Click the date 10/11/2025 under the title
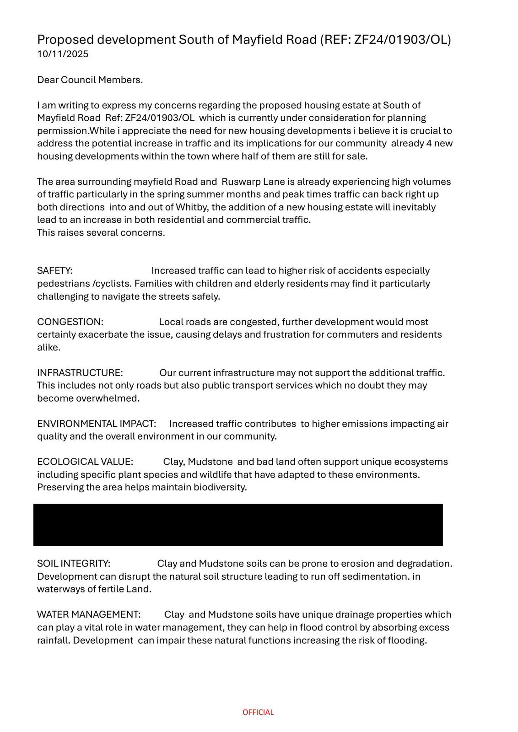tap(63, 54)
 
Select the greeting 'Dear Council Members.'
tap(90, 80)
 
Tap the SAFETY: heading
tap(54, 270)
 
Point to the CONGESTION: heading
tap(70, 322)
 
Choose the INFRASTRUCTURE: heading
tap(80, 373)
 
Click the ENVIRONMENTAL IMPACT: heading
tap(97, 424)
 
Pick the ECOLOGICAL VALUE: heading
tap(85, 462)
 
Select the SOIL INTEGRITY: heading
tap(74, 563)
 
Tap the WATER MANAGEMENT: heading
tap(89, 614)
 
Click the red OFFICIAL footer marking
tap(258, 712)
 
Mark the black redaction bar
tap(238, 525)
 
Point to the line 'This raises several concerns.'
tap(101, 232)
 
